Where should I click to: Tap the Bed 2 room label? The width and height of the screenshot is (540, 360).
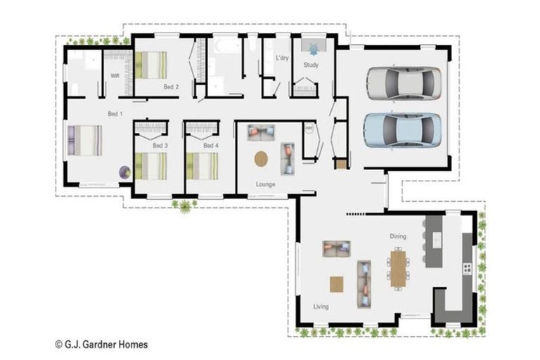click(x=171, y=87)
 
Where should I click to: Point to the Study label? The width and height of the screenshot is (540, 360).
click(x=311, y=65)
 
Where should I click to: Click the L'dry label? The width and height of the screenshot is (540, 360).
click(x=283, y=57)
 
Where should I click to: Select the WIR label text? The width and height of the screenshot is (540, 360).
click(x=114, y=75)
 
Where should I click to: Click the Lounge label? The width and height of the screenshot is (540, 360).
click(x=265, y=184)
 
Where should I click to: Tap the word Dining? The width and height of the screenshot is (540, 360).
click(x=399, y=236)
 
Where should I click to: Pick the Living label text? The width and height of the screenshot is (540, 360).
click(x=321, y=307)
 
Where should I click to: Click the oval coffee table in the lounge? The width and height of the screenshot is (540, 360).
click(x=261, y=159)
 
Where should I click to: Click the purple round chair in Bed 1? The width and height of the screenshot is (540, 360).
click(x=124, y=172)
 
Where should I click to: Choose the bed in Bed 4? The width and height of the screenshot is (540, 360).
click(x=202, y=166)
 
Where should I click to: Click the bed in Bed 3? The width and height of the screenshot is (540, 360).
click(x=151, y=166)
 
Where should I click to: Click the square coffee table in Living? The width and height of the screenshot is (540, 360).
click(x=337, y=283)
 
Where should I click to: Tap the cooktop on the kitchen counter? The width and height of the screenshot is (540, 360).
click(x=465, y=268)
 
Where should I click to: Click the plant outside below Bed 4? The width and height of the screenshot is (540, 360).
click(x=184, y=205)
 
